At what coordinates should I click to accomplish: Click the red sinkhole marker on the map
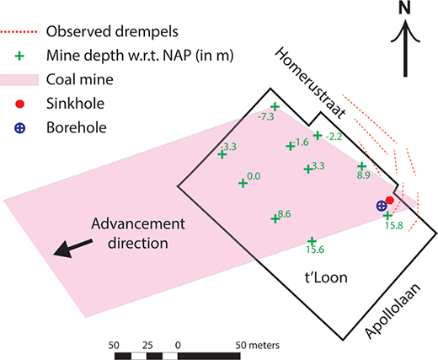click(x=389, y=200)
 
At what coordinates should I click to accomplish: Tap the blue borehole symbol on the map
click(x=382, y=206)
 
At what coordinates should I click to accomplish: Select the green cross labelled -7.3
click(x=275, y=107)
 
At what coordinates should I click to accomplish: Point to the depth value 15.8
click(x=394, y=225)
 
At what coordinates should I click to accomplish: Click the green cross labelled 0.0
click(x=243, y=184)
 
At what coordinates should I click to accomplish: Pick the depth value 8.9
click(x=364, y=175)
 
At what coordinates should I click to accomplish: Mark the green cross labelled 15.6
click(x=312, y=241)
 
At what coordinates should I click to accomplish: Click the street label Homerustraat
click(x=310, y=83)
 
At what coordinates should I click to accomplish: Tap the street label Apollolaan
click(x=393, y=310)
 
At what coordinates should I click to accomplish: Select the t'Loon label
click(x=326, y=277)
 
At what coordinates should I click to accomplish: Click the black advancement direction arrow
click(x=72, y=248)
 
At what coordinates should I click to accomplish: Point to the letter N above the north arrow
click(x=404, y=8)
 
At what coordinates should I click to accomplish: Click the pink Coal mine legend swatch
click(x=19, y=80)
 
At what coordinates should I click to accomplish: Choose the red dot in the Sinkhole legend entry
click(x=19, y=104)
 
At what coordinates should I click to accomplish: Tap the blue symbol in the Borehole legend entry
click(x=19, y=128)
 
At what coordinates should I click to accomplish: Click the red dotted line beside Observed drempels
click(x=19, y=32)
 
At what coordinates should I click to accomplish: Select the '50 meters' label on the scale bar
click(x=258, y=345)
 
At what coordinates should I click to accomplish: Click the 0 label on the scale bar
click(x=178, y=346)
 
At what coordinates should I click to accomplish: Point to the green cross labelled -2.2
click(x=318, y=136)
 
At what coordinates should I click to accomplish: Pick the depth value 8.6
click(x=284, y=214)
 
